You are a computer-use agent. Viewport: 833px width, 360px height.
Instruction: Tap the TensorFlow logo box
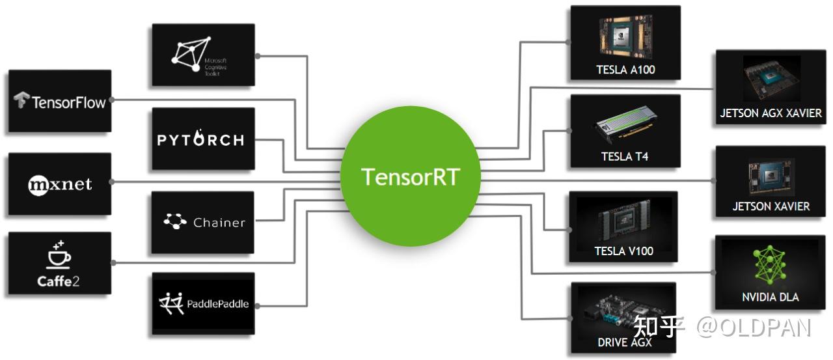[x=60, y=102]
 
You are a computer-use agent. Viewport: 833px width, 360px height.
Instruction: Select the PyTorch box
[x=202, y=139]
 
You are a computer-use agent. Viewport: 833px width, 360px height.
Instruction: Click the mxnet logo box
[x=60, y=184]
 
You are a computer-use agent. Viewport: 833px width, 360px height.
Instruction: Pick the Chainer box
[x=202, y=222]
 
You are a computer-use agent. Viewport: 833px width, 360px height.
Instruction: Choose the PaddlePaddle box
[x=202, y=303]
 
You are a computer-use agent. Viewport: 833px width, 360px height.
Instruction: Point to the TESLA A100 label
[x=625, y=70]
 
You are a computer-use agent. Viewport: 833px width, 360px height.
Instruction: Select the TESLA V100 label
[x=623, y=251]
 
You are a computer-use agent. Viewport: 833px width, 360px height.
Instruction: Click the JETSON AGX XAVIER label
[x=771, y=113]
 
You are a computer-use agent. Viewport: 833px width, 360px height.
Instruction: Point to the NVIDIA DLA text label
[x=771, y=297]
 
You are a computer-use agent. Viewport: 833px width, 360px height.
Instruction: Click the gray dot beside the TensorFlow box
[x=112, y=100]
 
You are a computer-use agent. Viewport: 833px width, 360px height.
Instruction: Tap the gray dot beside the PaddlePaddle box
[x=255, y=304]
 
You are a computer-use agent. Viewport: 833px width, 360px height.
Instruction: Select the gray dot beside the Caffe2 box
[x=113, y=263]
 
